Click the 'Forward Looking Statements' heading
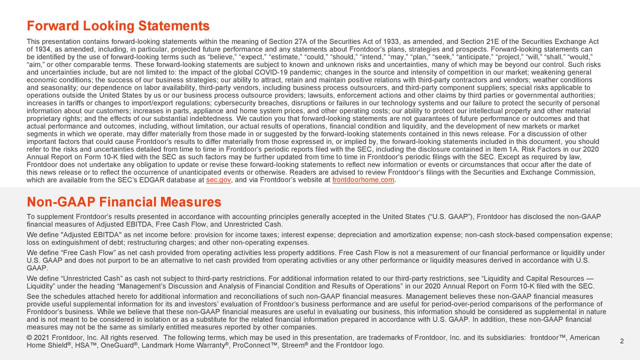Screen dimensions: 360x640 pyautogui.click(x=118, y=26)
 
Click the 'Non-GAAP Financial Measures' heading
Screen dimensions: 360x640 pyautogui.click(x=123, y=202)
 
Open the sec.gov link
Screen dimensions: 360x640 pyautogui.click(x=218, y=180)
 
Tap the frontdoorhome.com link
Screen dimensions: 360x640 pyautogui.click(x=363, y=180)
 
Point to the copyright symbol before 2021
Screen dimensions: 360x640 pyautogui.click(x=29, y=338)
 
